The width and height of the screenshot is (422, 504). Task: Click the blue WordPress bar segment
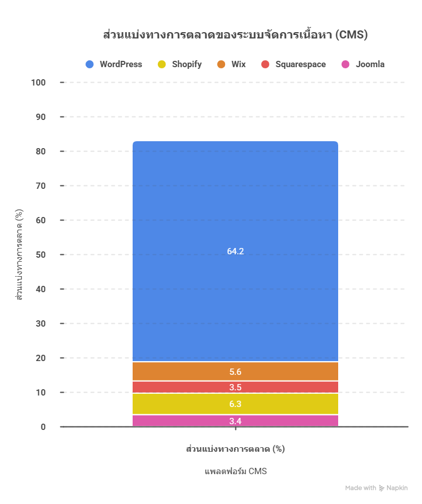click(x=235, y=195)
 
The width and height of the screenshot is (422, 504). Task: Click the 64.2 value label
click(x=235, y=251)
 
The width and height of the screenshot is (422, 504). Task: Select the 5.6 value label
click(x=235, y=371)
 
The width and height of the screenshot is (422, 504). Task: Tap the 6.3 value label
click(x=235, y=404)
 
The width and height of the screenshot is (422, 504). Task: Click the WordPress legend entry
click(x=114, y=64)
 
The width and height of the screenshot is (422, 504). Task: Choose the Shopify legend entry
click(x=179, y=64)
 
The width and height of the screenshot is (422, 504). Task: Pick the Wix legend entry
click(x=231, y=64)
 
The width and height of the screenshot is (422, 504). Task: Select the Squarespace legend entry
click(x=293, y=64)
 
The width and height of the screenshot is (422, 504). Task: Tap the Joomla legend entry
click(x=362, y=64)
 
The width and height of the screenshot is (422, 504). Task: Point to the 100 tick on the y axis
click(x=38, y=83)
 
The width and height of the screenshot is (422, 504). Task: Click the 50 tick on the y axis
click(x=40, y=255)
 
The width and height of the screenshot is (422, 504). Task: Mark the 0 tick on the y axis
click(x=43, y=427)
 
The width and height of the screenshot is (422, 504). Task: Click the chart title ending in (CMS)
click(x=235, y=35)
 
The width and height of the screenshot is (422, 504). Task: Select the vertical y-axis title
click(x=19, y=255)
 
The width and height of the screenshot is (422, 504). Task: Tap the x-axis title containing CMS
click(x=235, y=471)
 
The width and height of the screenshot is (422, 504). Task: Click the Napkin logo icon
click(x=382, y=488)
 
